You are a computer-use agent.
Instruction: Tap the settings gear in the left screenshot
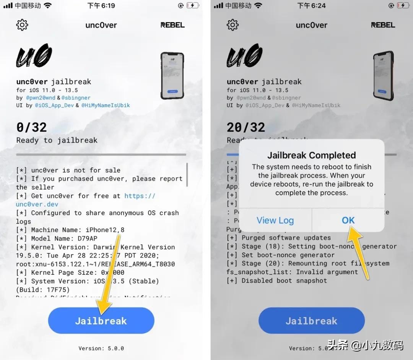tap(22, 25)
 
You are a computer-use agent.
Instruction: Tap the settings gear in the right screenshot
tap(233, 25)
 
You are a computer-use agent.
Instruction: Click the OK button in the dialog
tap(348, 220)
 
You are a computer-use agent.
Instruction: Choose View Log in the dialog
tap(275, 220)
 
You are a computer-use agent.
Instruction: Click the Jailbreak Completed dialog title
tap(311, 155)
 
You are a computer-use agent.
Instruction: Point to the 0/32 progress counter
tap(31, 127)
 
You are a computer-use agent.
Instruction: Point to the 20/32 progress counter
tap(246, 127)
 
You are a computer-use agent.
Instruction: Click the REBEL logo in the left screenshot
tap(172, 25)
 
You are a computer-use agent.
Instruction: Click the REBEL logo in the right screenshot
tap(383, 25)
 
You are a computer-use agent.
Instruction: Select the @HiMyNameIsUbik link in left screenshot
tap(106, 105)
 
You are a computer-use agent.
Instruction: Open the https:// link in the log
tap(140, 196)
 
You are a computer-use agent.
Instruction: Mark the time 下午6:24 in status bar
tap(311, 5)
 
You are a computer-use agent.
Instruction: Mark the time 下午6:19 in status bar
tap(101, 5)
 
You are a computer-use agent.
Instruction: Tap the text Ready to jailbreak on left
tap(57, 140)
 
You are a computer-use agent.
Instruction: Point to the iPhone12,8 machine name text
tap(104, 230)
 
